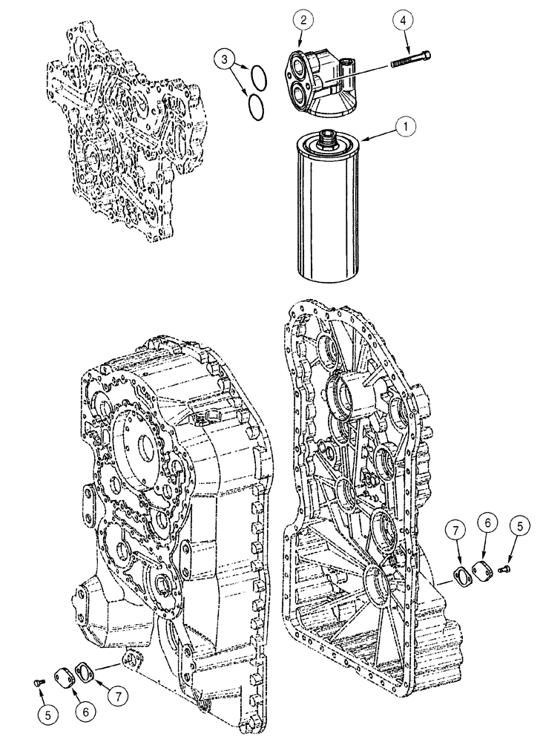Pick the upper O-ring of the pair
coord(257,76)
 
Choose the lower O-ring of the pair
coord(255,104)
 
